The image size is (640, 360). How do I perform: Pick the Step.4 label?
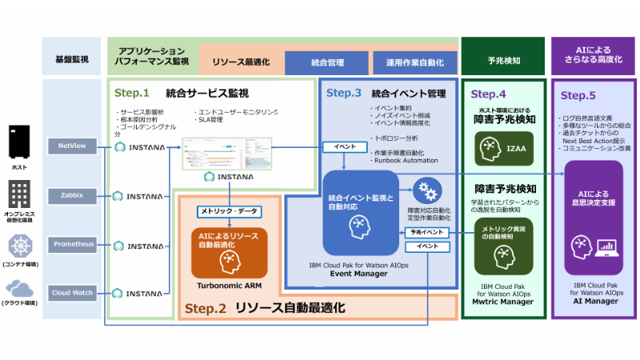(489, 94)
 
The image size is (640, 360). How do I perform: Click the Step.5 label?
(578, 95)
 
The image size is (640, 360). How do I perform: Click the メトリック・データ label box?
(229, 211)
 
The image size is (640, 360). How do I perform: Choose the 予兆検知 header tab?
(503, 60)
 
